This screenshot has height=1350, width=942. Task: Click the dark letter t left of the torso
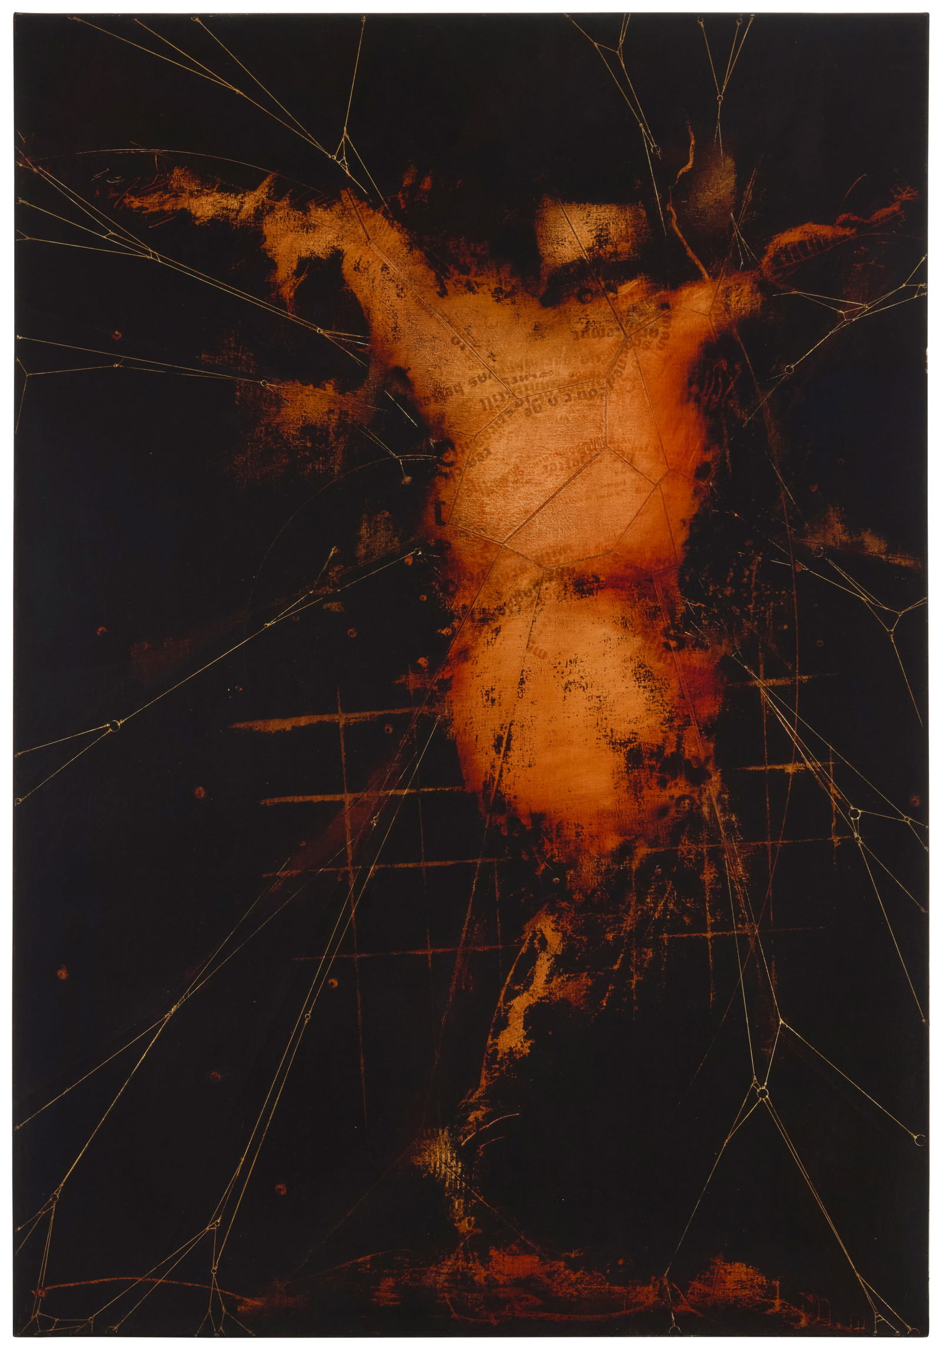click(x=438, y=518)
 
